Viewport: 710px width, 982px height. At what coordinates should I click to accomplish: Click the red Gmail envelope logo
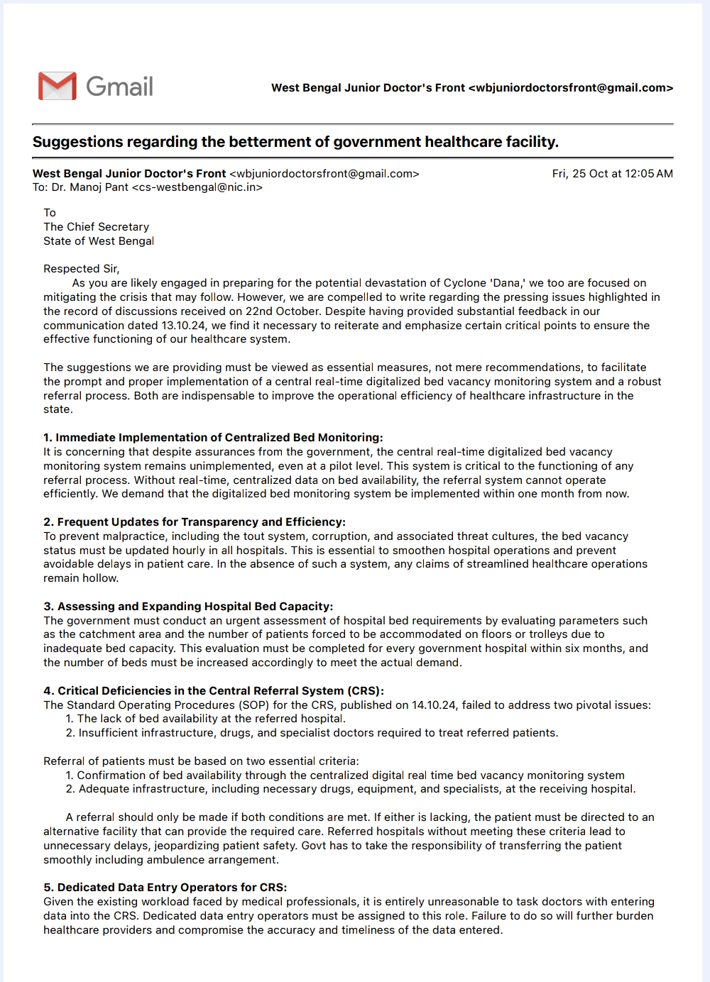tap(57, 86)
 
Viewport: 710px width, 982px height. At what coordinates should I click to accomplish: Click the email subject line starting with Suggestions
tap(295, 142)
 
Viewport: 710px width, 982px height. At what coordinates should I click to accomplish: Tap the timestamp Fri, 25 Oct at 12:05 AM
tap(612, 174)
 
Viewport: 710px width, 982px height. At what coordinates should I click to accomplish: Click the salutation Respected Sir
tap(81, 269)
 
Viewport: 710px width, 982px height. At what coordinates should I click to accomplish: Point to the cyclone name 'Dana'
tap(507, 283)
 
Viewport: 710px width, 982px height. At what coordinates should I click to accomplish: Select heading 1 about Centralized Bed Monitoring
tap(213, 438)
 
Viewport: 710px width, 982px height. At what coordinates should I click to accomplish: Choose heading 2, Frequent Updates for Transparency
tap(195, 522)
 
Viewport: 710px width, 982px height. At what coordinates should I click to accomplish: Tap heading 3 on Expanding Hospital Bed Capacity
tap(188, 607)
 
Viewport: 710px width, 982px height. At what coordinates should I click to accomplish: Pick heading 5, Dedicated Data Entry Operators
tap(165, 888)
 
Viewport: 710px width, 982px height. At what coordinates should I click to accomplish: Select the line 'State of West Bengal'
tap(99, 241)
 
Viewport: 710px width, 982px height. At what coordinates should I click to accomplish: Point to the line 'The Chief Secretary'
tap(97, 227)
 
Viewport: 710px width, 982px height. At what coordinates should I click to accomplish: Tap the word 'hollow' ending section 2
tap(100, 578)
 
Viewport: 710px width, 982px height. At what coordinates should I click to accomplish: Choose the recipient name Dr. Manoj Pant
tap(90, 188)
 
